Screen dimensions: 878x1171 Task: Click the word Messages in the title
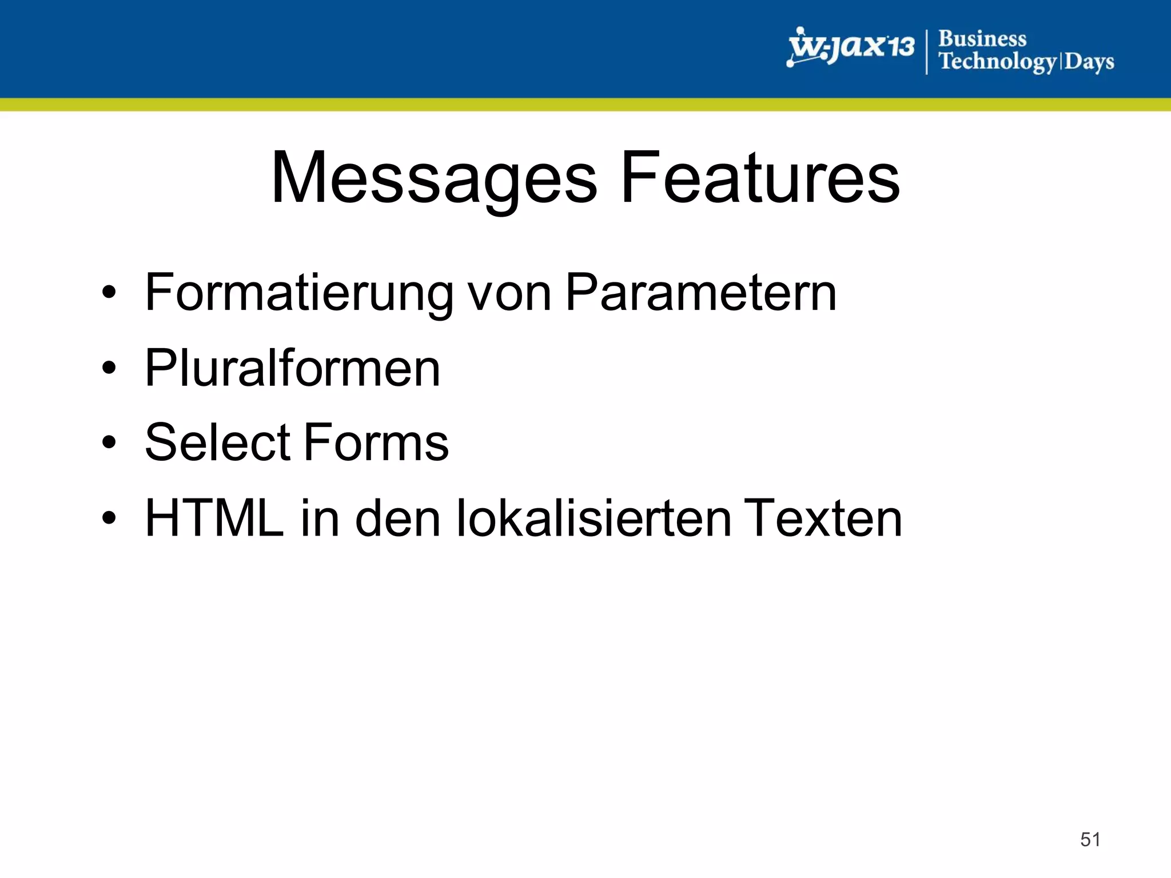(x=435, y=178)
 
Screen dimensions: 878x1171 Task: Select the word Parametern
(x=701, y=293)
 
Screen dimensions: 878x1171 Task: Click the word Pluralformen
(x=293, y=368)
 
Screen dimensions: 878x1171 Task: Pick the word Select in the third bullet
(x=218, y=442)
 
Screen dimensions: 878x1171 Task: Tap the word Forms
(x=376, y=442)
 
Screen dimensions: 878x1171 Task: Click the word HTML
(x=214, y=518)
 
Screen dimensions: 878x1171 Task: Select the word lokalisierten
(x=594, y=518)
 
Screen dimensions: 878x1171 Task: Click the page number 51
(x=1090, y=840)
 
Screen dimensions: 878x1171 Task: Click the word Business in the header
(x=982, y=39)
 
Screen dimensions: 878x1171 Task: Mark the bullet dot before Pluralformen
(x=109, y=368)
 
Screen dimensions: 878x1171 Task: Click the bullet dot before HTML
(x=109, y=518)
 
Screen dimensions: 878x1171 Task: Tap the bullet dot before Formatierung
(x=109, y=293)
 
